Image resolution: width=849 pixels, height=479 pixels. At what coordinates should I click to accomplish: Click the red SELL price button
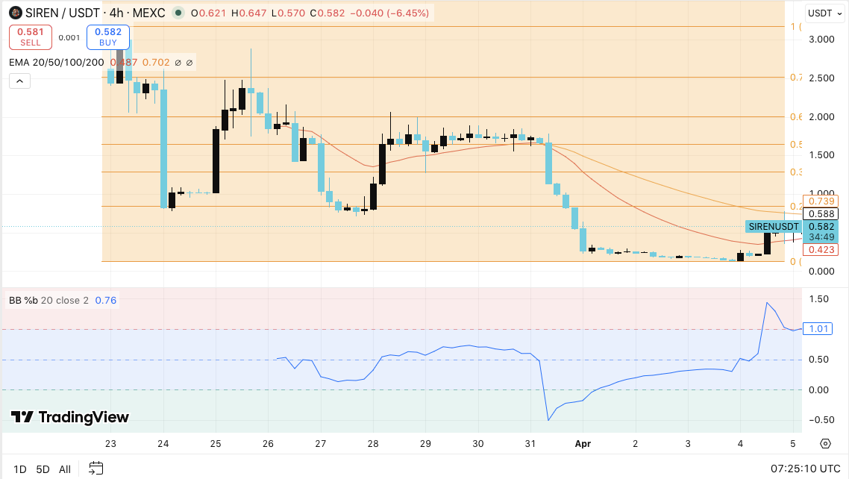coord(31,37)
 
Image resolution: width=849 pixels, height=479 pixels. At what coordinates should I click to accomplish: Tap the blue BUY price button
coord(108,37)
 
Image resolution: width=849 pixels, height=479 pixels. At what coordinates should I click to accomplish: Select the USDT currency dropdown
coord(824,13)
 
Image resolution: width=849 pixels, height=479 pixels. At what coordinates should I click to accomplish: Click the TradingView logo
coord(70,417)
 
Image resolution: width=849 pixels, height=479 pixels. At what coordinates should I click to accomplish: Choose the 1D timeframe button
coord(20,469)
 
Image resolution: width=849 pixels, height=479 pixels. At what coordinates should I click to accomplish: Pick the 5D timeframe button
coord(43,469)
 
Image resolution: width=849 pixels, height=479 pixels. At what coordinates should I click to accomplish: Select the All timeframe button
coord(65,469)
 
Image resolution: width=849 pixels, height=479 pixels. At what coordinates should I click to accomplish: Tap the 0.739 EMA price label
coord(823,201)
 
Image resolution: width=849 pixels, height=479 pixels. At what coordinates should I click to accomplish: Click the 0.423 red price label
coord(823,249)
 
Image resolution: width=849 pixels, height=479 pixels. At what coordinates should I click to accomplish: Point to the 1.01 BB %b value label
coord(817,329)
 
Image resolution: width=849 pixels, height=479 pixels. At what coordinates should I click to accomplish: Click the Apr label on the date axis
coord(583,444)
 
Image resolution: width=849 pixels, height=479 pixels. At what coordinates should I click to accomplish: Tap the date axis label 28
coord(372,444)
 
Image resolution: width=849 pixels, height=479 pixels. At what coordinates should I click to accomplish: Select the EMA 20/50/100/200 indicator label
coord(57,63)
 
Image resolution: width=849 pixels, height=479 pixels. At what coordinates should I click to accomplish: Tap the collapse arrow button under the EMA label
coord(20,81)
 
